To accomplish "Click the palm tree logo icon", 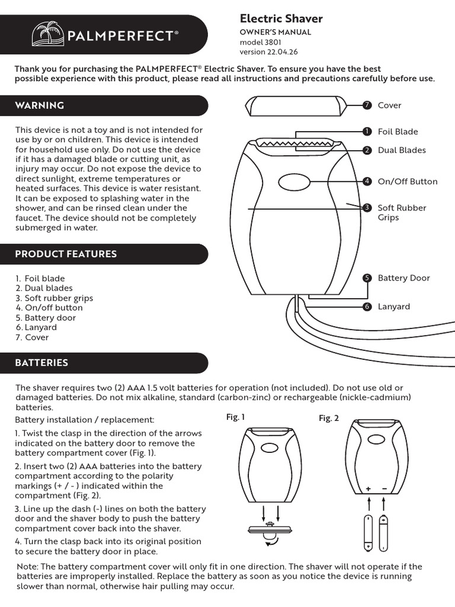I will [48, 35].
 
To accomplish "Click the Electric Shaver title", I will [281, 19].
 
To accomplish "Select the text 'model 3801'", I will [261, 43].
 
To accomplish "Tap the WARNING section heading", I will [40, 106].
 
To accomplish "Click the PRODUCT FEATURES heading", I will [66, 254].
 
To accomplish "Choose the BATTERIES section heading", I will [41, 363].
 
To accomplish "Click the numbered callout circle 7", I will [367, 106].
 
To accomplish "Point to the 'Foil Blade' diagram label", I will [398, 132].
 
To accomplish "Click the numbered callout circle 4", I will [367, 181].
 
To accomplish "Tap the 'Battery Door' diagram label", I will [403, 278].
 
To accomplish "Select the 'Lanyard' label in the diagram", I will [393, 306].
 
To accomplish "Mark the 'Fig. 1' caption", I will [236, 417].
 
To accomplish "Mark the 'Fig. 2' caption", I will [329, 418].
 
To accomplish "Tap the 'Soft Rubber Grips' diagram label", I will [402, 212].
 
